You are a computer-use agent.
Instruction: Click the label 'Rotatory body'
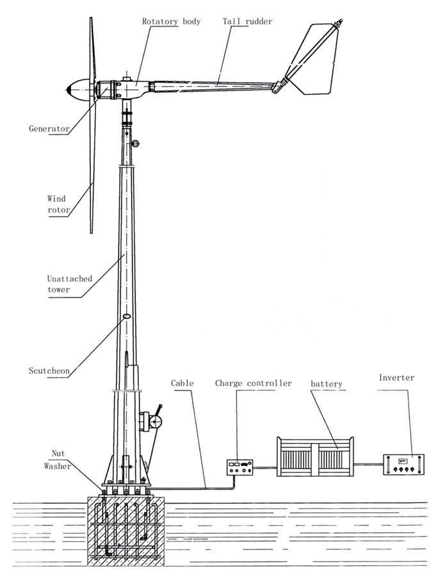coord(170,21)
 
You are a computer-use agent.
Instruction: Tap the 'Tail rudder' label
coord(247,21)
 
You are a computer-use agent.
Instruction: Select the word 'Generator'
coord(49,128)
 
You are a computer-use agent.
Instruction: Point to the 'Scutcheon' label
coord(49,370)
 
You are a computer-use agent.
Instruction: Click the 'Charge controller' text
coord(253,383)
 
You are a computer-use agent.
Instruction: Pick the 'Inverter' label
coord(396,378)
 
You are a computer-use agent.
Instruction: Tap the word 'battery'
coord(327,384)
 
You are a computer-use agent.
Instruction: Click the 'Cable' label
coord(182,383)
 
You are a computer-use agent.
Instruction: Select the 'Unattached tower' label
coord(69,284)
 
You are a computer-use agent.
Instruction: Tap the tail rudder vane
coord(312,61)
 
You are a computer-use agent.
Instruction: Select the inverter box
coord(403,464)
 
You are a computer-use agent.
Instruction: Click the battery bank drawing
coord(314,457)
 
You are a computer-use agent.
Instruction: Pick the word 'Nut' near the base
coord(58,454)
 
